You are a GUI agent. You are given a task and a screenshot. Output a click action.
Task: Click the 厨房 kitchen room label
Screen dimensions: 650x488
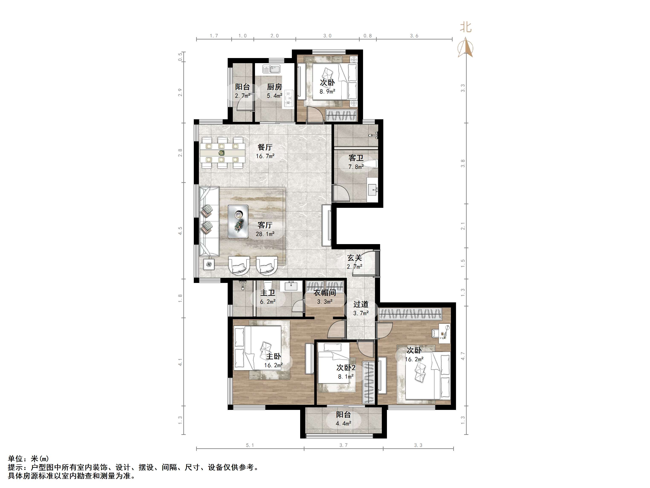(274, 87)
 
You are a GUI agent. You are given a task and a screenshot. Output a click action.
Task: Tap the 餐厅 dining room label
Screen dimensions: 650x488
(265, 147)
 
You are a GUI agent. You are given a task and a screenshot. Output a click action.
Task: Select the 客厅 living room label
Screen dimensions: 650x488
(265, 225)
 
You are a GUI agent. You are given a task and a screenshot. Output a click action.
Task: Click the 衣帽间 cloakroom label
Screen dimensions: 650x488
(325, 293)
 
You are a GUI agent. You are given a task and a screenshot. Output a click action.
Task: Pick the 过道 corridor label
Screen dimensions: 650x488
(361, 304)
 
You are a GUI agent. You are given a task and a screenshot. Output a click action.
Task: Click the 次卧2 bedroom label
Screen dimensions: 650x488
(346, 368)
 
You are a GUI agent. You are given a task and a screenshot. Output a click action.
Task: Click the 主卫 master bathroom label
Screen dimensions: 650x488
(268, 293)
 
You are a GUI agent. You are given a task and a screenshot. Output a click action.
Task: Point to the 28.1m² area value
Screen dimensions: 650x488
(265, 234)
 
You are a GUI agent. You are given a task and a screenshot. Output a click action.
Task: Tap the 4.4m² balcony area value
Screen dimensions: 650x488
(343, 424)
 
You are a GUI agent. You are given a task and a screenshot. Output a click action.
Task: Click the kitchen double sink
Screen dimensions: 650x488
(272, 69)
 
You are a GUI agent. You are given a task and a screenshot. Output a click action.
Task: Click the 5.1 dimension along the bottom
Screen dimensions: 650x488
(250, 445)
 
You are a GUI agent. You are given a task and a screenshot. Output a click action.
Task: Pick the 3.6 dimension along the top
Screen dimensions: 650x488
(414, 36)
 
